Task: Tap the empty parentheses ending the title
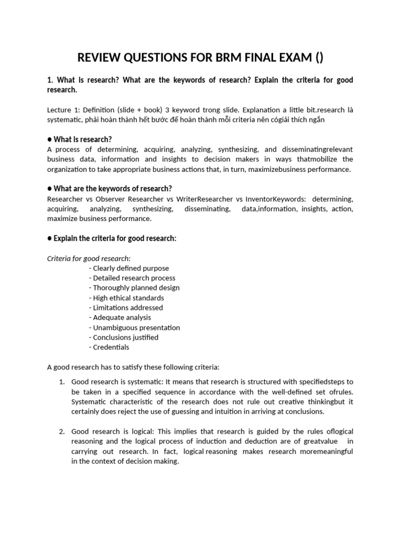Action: click(x=318, y=57)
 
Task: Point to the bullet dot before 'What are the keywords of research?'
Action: click(x=49, y=189)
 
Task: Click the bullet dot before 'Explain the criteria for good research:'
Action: click(x=49, y=238)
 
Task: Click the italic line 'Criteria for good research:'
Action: click(x=89, y=258)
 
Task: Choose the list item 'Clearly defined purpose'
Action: click(x=129, y=268)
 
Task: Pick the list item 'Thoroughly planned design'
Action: click(x=134, y=288)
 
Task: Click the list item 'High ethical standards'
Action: click(x=126, y=298)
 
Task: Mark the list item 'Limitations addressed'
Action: click(x=126, y=308)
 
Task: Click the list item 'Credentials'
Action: click(x=109, y=347)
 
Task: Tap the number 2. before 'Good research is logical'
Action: click(x=62, y=432)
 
